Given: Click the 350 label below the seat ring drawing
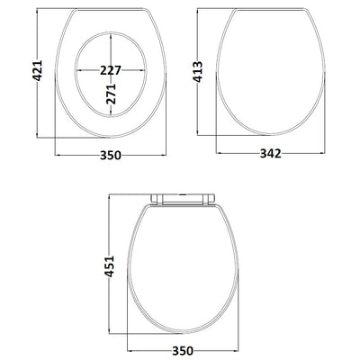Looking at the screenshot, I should [x=111, y=155].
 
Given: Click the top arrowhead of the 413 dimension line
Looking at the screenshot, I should [x=199, y=12].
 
